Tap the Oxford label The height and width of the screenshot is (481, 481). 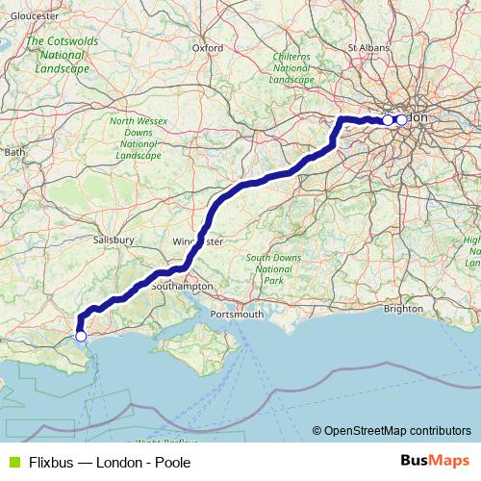(x=208, y=46)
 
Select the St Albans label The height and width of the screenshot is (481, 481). (x=367, y=45)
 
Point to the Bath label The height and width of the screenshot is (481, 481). (x=14, y=152)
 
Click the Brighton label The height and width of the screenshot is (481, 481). (x=402, y=309)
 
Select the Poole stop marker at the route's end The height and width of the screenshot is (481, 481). (x=81, y=337)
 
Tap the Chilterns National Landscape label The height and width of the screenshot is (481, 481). (x=291, y=67)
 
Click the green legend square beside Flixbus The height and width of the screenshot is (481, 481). (x=13, y=462)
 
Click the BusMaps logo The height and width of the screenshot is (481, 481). (x=435, y=462)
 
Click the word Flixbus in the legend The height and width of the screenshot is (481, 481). (x=53, y=462)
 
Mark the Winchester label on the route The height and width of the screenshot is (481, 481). (x=197, y=240)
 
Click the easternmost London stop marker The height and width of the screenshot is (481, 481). (x=401, y=120)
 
